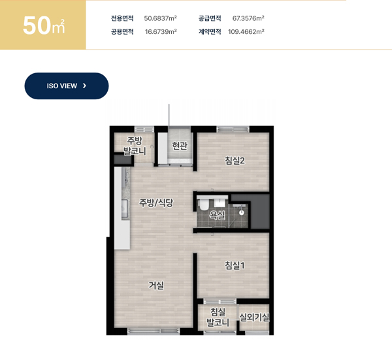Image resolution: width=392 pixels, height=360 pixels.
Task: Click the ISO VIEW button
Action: [x=67, y=86]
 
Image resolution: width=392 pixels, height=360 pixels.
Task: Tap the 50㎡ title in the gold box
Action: [x=44, y=25]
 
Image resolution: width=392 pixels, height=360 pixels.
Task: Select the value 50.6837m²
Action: [x=160, y=18]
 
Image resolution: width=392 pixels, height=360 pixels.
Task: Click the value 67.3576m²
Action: [x=248, y=18]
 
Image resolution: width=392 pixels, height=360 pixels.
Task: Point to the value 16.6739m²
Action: [x=161, y=32]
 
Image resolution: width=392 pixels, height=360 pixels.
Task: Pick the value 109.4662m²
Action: [x=246, y=32]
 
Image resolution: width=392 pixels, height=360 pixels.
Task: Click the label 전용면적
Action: [x=122, y=18]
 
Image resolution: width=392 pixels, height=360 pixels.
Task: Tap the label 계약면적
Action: [x=210, y=32]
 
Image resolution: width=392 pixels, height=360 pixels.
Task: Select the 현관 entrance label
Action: [x=180, y=146]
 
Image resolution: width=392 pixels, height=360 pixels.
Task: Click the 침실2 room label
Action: [x=235, y=161]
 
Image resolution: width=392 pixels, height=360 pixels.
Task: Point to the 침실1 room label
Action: [x=235, y=265]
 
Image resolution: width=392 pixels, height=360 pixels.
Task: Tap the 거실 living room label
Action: [x=156, y=285]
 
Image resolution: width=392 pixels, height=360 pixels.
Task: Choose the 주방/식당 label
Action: [x=156, y=203]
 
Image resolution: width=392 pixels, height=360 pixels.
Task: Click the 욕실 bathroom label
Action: [x=218, y=215]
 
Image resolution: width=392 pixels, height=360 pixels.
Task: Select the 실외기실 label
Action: [x=254, y=318]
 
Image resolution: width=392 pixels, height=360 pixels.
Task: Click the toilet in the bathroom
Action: [x=204, y=205]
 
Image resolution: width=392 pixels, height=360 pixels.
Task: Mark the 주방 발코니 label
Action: [x=135, y=146]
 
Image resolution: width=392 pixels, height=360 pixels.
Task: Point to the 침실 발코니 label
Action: [x=218, y=318]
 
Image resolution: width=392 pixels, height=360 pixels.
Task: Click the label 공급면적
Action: [x=210, y=18]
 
